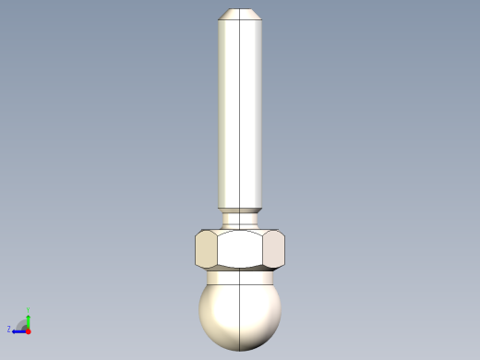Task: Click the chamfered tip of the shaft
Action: pyautogui.click(x=240, y=14)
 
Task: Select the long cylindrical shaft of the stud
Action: pyautogui.click(x=240, y=111)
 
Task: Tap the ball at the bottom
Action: pyautogui.click(x=240, y=314)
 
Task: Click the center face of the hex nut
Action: pyautogui.click(x=240, y=248)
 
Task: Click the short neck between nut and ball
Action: pyautogui.click(x=240, y=275)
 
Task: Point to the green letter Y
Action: pyautogui.click(x=28, y=309)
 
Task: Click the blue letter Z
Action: pyautogui.click(x=9, y=329)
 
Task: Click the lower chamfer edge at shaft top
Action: pyautogui.click(x=240, y=19)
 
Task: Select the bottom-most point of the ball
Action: pyautogui.click(x=240, y=350)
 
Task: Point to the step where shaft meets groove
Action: pyautogui.click(x=240, y=208)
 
